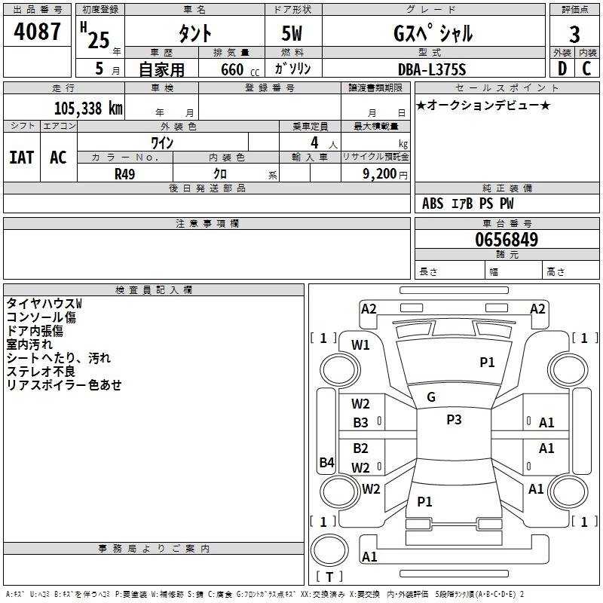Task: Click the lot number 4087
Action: tap(37, 32)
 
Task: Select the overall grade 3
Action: tap(574, 34)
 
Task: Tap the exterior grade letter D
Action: tap(562, 69)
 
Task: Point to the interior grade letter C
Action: tap(586, 69)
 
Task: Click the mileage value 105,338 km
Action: tap(88, 109)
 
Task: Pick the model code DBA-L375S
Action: tap(432, 69)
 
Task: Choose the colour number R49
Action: tap(124, 174)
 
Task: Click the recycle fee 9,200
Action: tap(379, 174)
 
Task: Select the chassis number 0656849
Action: tap(507, 240)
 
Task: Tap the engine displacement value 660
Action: tap(232, 70)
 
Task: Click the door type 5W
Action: tap(292, 33)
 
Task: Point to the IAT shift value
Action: tap(22, 158)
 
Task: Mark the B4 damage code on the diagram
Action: tap(326, 462)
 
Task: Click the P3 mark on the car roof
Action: tap(454, 420)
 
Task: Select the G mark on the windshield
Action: tap(431, 397)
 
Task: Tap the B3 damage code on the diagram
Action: tap(360, 423)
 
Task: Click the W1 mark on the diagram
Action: tap(360, 345)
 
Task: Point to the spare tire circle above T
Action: tap(329, 550)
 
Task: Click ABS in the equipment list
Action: tap(433, 204)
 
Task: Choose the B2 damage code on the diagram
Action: tap(360, 448)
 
